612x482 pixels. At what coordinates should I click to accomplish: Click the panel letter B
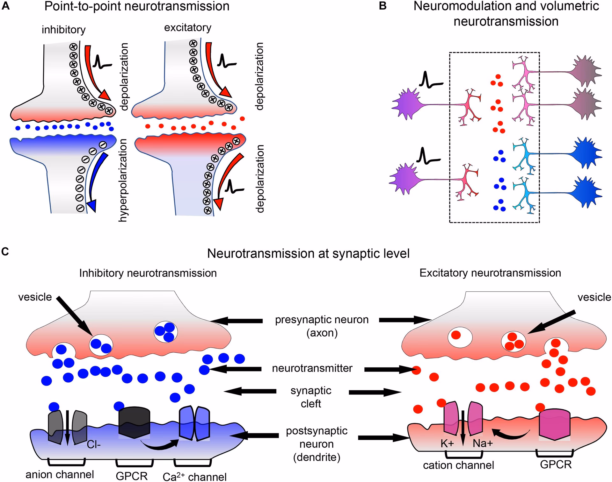click(x=382, y=6)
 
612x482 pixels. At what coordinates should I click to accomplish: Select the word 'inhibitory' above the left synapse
click(x=63, y=30)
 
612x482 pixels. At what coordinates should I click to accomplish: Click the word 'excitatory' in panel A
click(x=187, y=28)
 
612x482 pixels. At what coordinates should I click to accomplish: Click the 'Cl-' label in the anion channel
click(x=94, y=444)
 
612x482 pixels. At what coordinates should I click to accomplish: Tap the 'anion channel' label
click(x=60, y=474)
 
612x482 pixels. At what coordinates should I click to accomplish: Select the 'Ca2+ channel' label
click(x=194, y=477)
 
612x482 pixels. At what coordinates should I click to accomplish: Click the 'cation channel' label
click(x=458, y=465)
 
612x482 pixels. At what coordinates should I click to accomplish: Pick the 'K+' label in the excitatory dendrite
click(x=447, y=443)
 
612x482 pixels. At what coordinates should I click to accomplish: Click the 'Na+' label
click(x=483, y=443)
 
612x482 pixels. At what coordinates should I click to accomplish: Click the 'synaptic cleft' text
click(x=311, y=397)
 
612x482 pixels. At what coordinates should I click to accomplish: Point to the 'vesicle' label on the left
click(x=35, y=297)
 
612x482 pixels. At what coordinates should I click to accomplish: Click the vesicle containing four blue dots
click(x=165, y=332)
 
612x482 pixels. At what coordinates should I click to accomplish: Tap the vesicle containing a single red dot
click(x=460, y=338)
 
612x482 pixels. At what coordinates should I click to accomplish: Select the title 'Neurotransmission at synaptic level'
click(x=308, y=253)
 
